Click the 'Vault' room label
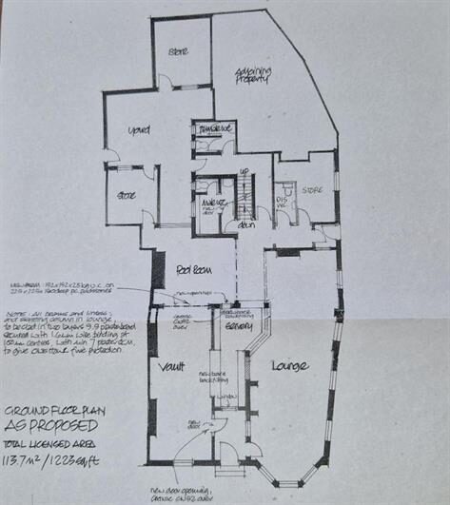tap(172, 366)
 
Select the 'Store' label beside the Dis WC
tap(313, 191)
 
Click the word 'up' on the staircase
tap(244, 174)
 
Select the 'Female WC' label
tap(215, 128)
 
